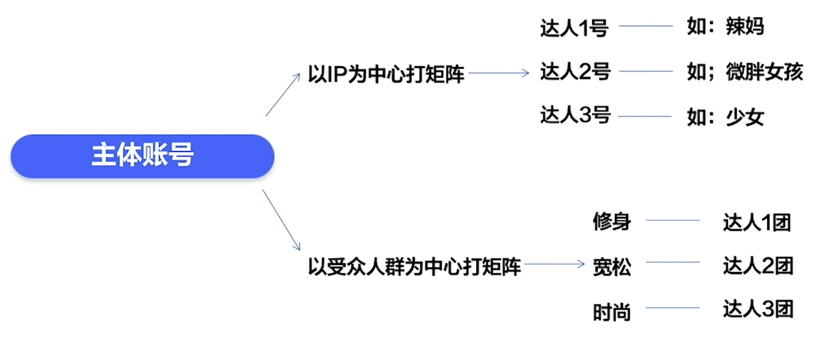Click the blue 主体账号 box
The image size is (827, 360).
tap(142, 156)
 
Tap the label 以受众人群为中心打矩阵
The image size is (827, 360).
tap(415, 266)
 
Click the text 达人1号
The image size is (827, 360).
tap(575, 28)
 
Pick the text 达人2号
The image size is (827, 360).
tap(575, 71)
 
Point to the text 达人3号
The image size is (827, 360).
tap(575, 116)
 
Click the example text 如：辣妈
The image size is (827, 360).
tap(726, 28)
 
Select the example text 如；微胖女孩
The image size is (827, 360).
tap(744, 72)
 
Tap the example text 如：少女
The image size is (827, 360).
tap(726, 117)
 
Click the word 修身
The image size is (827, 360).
tap(611, 222)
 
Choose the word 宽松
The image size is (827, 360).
tap(611, 266)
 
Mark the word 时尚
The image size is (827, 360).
tap(611, 312)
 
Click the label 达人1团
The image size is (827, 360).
tap(757, 222)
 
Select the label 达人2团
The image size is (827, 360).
tap(757, 265)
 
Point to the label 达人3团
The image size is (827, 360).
tap(757, 309)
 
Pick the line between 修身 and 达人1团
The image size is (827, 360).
tap(673, 220)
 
